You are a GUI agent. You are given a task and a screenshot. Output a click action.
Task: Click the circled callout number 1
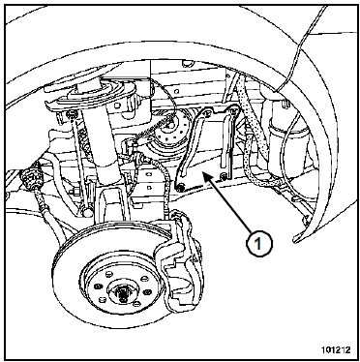(x=259, y=244)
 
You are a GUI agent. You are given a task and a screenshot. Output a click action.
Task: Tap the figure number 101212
(x=336, y=350)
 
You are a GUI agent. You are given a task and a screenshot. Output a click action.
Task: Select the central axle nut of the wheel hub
(x=123, y=293)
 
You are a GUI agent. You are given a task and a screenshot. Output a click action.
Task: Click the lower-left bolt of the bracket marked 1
(x=179, y=187)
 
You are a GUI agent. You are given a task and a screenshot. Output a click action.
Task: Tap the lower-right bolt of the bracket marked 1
(x=224, y=176)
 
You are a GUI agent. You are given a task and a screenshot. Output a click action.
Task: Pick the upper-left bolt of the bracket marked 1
(x=207, y=112)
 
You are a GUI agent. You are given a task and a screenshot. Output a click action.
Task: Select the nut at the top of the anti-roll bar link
(x=71, y=113)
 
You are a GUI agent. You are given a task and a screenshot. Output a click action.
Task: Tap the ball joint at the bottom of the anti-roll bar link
(x=86, y=211)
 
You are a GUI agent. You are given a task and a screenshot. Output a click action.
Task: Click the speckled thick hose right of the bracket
(x=255, y=136)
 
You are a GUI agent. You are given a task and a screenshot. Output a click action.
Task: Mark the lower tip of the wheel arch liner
(x=294, y=240)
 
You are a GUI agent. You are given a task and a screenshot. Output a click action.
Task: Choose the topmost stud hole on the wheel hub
(x=109, y=275)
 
